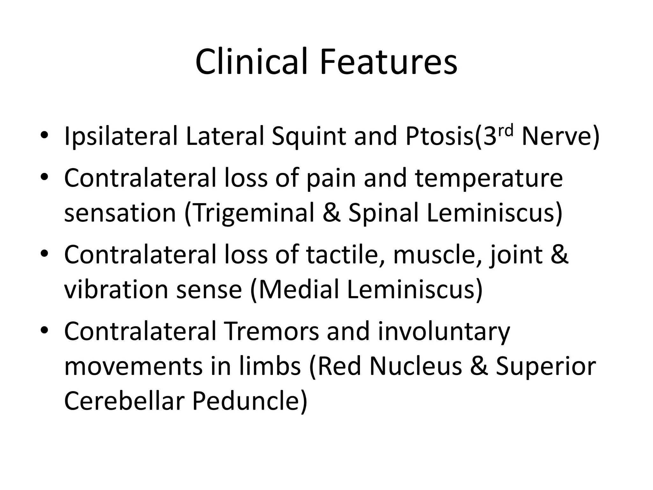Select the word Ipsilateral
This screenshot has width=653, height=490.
[121, 137]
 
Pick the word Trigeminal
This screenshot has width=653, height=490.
[253, 213]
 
